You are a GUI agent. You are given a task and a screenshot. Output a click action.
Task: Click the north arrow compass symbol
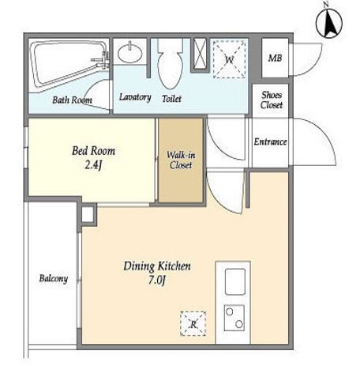coord(329,23)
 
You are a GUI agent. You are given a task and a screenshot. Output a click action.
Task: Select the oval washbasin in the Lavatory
coord(130,52)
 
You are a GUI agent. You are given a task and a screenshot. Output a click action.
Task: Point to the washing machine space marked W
coord(230,59)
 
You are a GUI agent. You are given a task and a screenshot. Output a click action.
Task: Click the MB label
coord(275,58)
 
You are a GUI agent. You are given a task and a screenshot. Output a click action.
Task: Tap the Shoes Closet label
coord(272,100)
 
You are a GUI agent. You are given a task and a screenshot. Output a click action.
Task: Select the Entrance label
coord(270,142)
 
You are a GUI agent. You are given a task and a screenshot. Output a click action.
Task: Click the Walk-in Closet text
coord(181,160)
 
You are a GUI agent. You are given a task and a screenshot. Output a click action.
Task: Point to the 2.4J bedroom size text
coord(93,165)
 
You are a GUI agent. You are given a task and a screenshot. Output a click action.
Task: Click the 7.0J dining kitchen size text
coord(157,280)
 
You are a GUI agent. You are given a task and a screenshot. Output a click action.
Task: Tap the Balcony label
coord(54,278)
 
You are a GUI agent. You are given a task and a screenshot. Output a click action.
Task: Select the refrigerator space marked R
coord(193,324)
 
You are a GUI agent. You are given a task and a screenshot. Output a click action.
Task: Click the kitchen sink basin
coord(235,281)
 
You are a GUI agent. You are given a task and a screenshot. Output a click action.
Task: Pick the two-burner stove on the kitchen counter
coord(234,318)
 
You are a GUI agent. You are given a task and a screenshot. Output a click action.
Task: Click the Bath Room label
coord(73,100)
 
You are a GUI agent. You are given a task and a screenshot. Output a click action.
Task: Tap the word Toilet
coord(171,99)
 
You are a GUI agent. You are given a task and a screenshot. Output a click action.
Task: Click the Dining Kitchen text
coord(157,266)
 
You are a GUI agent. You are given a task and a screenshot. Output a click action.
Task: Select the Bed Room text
coord(93,151)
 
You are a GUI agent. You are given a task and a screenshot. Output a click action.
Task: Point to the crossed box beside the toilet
coord(200,55)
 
